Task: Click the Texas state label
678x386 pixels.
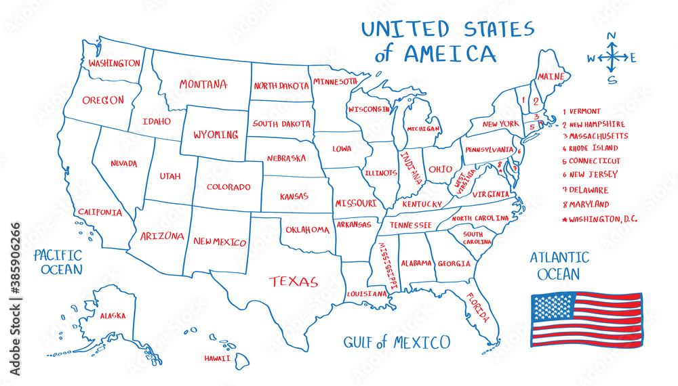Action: [293, 281]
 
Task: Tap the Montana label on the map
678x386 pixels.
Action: [203, 85]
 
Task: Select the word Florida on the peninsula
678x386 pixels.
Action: [477, 305]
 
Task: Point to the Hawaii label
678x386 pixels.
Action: [218, 358]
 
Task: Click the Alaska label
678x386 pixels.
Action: [113, 316]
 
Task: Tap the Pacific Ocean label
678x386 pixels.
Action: [58, 262]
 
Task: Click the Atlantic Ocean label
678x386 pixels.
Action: [559, 266]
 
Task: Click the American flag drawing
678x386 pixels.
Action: [586, 319]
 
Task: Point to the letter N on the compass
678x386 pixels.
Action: [612, 37]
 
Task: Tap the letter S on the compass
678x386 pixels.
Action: [612, 79]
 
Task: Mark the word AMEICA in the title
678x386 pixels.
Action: [450, 53]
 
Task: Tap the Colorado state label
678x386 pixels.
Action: [228, 187]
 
